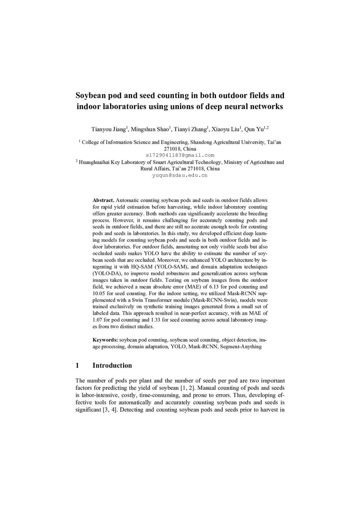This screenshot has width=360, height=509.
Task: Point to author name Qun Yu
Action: [x=255, y=129]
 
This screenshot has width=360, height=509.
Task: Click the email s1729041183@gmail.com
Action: [x=180, y=155]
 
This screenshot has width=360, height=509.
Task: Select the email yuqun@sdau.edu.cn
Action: [x=180, y=175]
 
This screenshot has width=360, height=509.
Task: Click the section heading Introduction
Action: [x=112, y=366]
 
